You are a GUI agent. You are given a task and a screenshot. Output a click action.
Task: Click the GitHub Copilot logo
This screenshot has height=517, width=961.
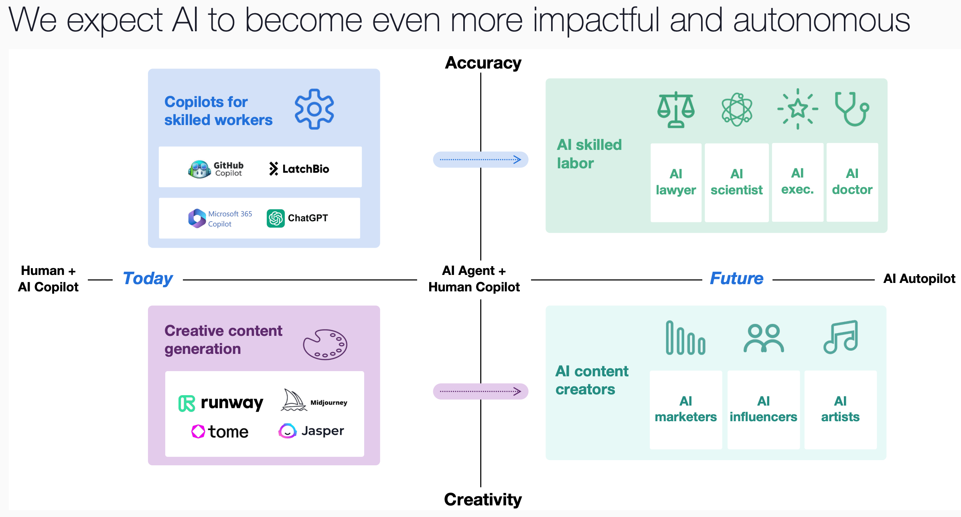click(216, 169)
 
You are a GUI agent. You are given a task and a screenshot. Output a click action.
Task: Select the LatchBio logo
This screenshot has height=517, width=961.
click(299, 169)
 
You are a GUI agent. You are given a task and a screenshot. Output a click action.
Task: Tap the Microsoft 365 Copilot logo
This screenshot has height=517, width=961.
click(220, 218)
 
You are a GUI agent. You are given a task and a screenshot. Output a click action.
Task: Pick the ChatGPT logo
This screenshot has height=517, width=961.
click(297, 218)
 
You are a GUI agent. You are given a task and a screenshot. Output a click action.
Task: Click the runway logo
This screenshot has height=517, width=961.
click(221, 403)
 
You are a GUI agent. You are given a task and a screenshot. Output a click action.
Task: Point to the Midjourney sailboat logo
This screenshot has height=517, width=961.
click(314, 400)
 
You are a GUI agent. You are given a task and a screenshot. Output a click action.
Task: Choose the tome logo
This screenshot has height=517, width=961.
click(220, 432)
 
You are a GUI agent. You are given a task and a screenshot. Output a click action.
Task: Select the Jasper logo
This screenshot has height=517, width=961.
click(311, 431)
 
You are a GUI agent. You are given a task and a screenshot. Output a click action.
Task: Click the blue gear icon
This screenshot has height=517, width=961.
click(314, 109)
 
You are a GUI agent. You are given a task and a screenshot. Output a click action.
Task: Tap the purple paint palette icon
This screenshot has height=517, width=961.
click(325, 345)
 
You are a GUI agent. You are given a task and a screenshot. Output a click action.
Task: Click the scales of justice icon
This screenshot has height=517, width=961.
click(676, 109)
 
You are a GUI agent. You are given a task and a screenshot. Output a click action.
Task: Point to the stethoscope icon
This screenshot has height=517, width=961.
click(852, 109)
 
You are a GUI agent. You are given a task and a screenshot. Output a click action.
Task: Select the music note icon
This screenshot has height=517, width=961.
click(841, 337)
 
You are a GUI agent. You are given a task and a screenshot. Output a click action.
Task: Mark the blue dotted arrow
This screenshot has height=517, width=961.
click(480, 160)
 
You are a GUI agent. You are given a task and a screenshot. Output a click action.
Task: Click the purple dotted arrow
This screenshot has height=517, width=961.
click(480, 391)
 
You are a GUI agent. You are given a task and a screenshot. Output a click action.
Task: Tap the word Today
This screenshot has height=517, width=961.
click(148, 279)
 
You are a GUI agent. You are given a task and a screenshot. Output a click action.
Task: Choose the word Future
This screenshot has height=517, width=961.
click(736, 278)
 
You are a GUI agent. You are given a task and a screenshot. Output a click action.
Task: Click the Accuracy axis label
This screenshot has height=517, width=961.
click(483, 63)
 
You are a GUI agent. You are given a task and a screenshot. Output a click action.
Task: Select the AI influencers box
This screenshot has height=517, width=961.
click(763, 410)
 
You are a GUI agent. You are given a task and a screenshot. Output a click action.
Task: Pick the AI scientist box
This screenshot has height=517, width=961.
click(736, 182)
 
